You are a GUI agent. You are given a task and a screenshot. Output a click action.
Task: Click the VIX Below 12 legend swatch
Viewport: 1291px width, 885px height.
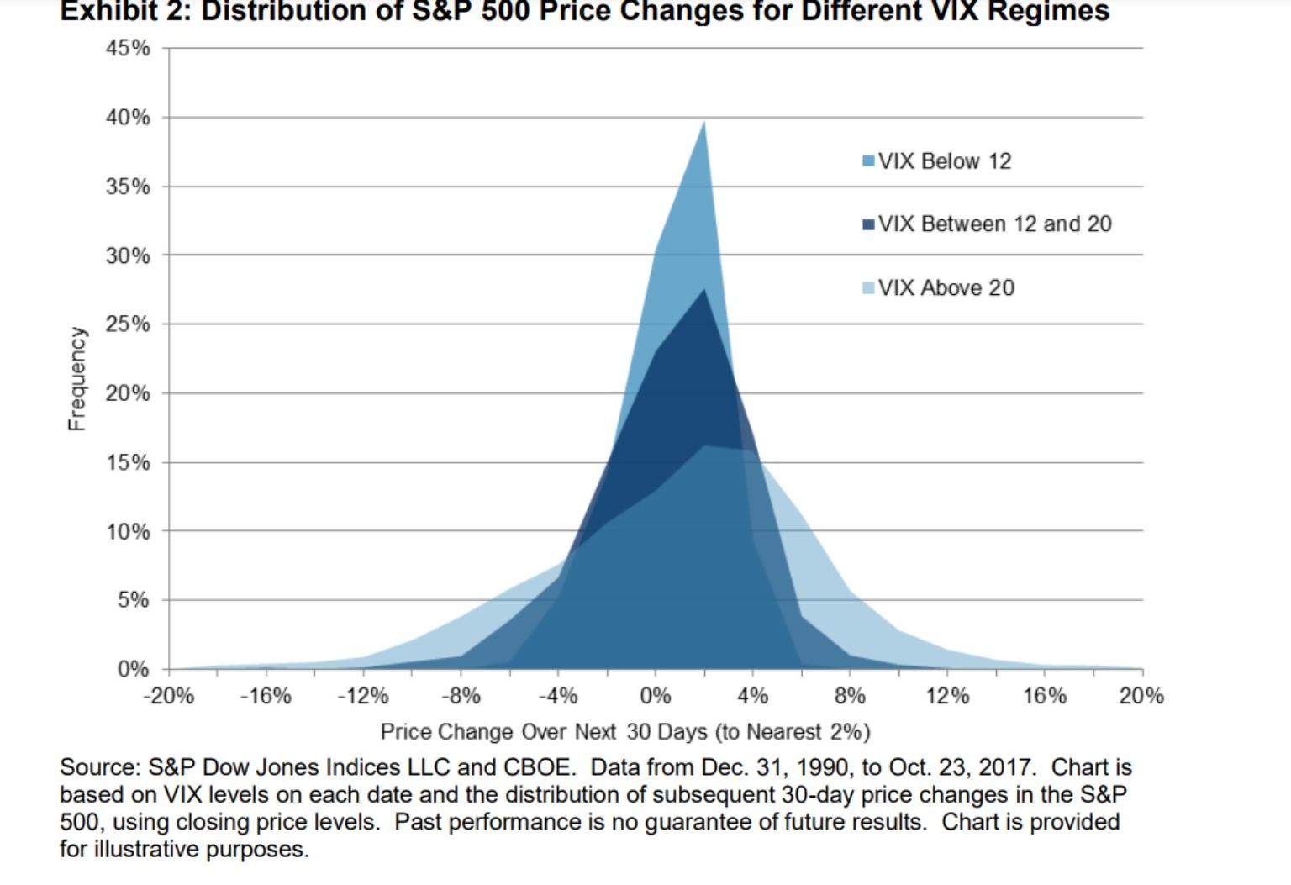click(868, 161)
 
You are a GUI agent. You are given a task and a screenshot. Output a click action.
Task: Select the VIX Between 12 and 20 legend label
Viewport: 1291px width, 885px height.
click(994, 224)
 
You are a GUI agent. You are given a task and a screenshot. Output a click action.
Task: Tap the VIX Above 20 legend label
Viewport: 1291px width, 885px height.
click(946, 288)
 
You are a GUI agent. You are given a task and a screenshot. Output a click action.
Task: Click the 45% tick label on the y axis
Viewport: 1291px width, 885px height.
click(128, 48)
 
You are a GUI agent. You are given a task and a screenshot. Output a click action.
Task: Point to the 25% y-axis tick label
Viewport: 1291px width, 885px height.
click(128, 324)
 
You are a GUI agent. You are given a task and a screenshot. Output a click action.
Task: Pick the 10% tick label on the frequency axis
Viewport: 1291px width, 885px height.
click(128, 532)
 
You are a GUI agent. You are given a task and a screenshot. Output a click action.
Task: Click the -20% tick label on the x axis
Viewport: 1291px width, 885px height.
click(168, 696)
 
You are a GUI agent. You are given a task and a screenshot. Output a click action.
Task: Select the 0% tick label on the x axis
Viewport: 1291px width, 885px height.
click(656, 696)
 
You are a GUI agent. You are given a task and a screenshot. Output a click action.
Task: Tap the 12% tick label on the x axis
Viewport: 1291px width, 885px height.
click(947, 696)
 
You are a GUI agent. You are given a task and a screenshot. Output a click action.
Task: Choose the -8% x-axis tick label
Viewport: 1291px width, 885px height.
click(461, 696)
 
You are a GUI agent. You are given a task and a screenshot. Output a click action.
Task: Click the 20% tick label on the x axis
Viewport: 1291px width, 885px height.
click(1141, 696)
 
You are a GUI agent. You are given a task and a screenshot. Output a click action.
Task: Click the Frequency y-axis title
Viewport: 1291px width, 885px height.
click(76, 379)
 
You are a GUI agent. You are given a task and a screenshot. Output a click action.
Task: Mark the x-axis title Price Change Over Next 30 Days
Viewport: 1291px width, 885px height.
click(624, 732)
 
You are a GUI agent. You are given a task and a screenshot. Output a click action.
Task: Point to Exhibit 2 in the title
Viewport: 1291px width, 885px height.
click(123, 12)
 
